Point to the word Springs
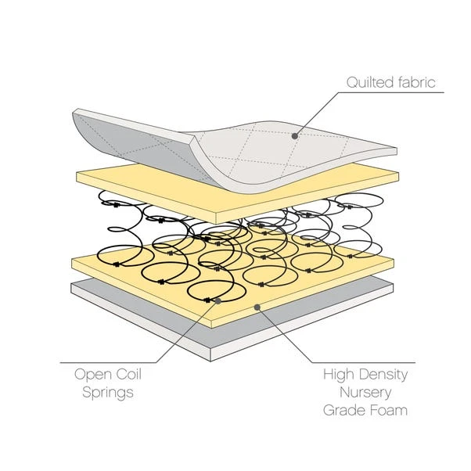click(x=107, y=392)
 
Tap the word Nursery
click(x=365, y=392)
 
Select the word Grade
click(x=347, y=410)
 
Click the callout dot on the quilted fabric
click(x=295, y=135)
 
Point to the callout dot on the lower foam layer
click(x=257, y=307)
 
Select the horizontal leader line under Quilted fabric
click(x=391, y=92)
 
